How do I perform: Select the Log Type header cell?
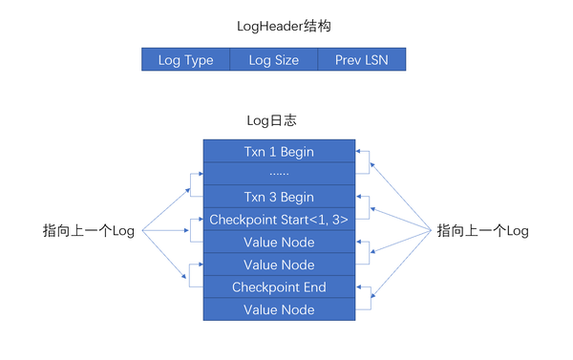click(x=185, y=59)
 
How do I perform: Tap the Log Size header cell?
click(x=273, y=59)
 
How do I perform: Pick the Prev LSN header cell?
click(x=361, y=59)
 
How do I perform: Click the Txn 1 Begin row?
click(x=279, y=152)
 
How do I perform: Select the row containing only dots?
click(x=279, y=174)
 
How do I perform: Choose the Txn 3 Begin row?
click(x=279, y=197)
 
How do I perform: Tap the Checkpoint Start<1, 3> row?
click(x=279, y=220)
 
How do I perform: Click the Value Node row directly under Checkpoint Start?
click(x=279, y=242)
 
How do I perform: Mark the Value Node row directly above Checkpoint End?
click(x=279, y=265)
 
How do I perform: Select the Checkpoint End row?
click(x=279, y=287)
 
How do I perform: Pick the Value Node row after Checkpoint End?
click(x=279, y=309)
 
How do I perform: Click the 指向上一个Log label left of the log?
click(x=89, y=231)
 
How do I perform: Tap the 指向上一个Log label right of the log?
click(x=482, y=231)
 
